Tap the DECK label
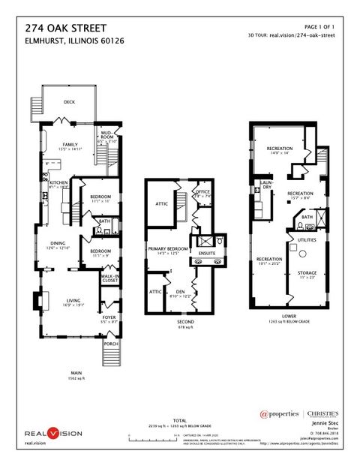pos(69,101)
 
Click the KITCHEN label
pos(59,182)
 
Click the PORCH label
pos(111,344)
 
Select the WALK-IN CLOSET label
pos(110,279)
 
